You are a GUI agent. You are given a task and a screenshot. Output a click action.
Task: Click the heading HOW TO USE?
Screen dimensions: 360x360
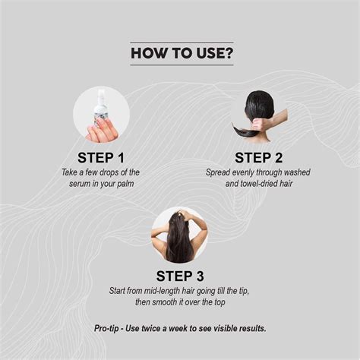pos(179,53)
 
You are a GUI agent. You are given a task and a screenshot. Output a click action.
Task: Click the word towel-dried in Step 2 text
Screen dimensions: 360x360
pos(259,184)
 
